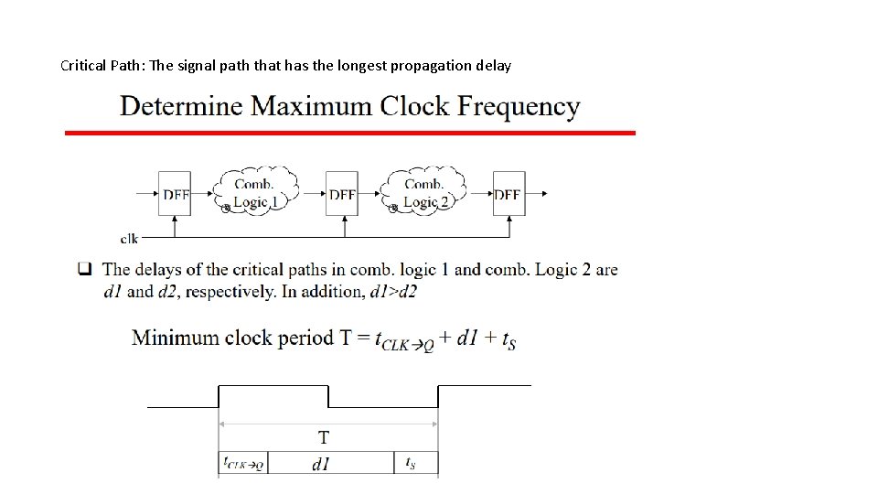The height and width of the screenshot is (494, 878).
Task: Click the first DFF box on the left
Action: tap(174, 194)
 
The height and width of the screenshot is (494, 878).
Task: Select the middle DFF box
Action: tap(342, 194)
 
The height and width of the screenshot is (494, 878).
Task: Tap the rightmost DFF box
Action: tap(509, 194)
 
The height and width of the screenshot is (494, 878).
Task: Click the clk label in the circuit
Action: tap(129, 239)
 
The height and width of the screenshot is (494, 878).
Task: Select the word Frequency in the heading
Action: tap(519, 106)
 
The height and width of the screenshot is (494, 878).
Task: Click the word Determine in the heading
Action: tap(181, 106)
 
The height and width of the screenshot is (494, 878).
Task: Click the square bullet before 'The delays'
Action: tap(85, 270)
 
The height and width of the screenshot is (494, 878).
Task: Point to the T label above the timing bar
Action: tap(324, 437)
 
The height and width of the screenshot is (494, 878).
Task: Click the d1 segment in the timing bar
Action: tap(321, 464)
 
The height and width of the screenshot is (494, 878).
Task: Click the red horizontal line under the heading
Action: tap(350, 133)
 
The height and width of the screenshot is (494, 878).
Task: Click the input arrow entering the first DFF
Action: tap(146, 193)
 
